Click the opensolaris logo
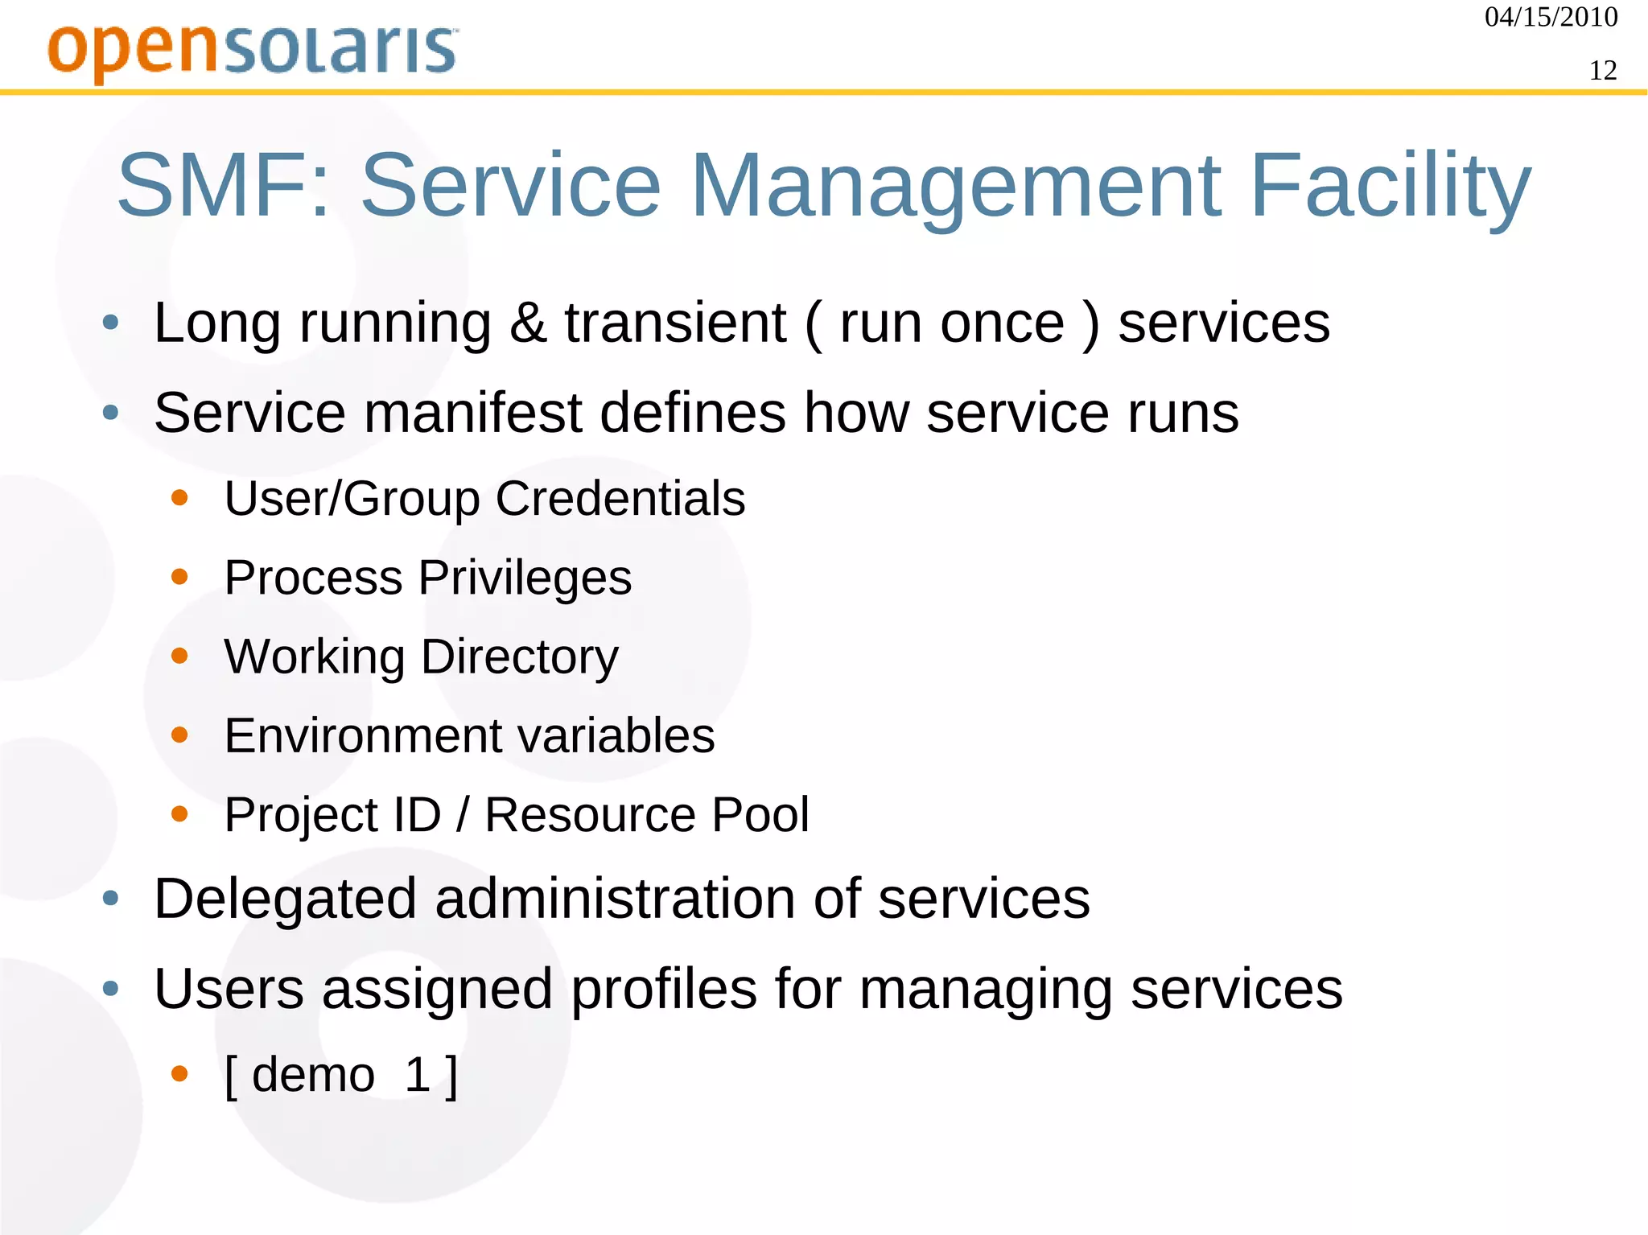[253, 51]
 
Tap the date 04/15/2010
[1551, 17]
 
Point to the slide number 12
[1602, 71]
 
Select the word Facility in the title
[1390, 187]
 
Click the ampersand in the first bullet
[528, 323]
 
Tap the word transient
[674, 323]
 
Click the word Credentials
[620, 498]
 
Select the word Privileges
[525, 578]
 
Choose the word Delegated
[285, 899]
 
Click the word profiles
[664, 989]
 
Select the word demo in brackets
[313, 1074]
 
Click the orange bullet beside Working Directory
[179, 656]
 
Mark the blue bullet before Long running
[111, 323]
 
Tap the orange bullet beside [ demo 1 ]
[179, 1073]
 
